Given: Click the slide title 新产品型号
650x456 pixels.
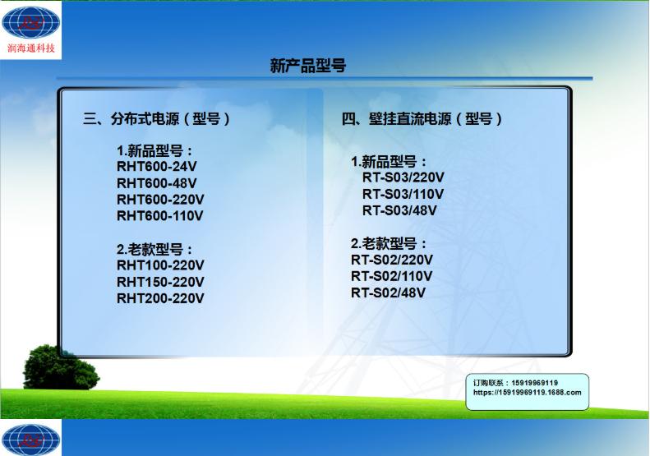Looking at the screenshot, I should tap(307, 66).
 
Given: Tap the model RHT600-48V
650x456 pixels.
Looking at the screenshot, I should tap(156, 183).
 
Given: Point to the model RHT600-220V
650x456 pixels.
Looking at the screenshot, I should tap(160, 200).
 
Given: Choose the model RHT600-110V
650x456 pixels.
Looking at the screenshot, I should tap(160, 216).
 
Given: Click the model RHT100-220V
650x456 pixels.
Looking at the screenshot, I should tap(160, 265).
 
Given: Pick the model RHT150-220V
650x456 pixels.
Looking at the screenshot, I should tap(160, 282).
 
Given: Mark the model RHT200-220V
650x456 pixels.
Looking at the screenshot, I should tap(160, 298).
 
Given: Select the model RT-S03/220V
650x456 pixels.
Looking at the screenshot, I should tap(403, 177).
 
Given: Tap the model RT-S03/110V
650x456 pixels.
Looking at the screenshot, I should tap(403, 194).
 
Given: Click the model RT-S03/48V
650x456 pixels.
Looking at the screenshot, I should tap(399, 210).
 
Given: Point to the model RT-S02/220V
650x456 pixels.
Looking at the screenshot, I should tap(392, 260).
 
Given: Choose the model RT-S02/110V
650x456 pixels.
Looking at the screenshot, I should tap(392, 276).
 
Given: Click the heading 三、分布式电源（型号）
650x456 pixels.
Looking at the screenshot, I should tap(157, 118).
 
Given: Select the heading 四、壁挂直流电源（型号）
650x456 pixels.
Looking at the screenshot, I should tap(422, 118).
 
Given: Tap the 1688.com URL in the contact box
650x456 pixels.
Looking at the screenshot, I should tap(528, 393).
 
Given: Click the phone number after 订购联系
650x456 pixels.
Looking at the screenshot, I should tap(534, 383).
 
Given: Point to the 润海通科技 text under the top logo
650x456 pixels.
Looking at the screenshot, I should tap(30, 48).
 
